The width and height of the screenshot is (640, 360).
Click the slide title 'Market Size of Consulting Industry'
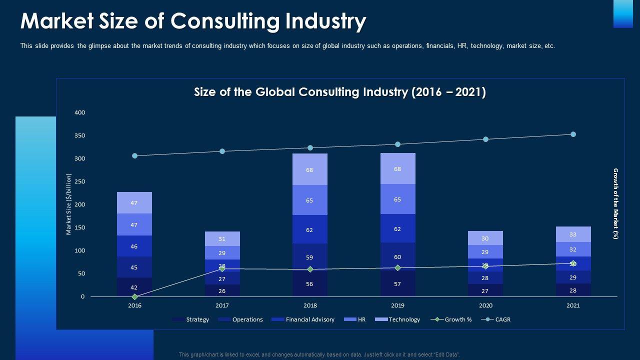[x=193, y=21]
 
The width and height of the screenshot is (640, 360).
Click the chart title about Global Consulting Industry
[x=340, y=92]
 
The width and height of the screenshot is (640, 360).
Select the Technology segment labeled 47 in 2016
[x=134, y=202]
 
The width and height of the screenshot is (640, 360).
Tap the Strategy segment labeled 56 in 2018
[x=310, y=284]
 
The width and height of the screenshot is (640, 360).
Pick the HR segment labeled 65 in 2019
[x=397, y=199]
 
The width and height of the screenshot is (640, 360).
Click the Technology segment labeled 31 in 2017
[x=222, y=238]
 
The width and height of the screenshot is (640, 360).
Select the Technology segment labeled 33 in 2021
[x=573, y=234]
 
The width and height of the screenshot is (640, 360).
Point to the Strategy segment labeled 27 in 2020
[x=485, y=290]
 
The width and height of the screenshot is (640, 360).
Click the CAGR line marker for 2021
[x=573, y=134]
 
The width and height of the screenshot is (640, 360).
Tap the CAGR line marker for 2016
[x=134, y=155]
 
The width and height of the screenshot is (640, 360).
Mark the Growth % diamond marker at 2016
[x=134, y=297]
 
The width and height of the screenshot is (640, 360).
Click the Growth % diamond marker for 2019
[x=397, y=268]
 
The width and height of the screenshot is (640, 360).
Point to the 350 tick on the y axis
[x=80, y=135]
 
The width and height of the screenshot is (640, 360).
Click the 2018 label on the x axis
[x=310, y=305]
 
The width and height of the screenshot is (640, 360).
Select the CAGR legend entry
[x=502, y=319]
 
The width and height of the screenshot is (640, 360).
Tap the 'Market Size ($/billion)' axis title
[x=69, y=204]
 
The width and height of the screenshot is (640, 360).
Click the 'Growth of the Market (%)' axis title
[x=616, y=204]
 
